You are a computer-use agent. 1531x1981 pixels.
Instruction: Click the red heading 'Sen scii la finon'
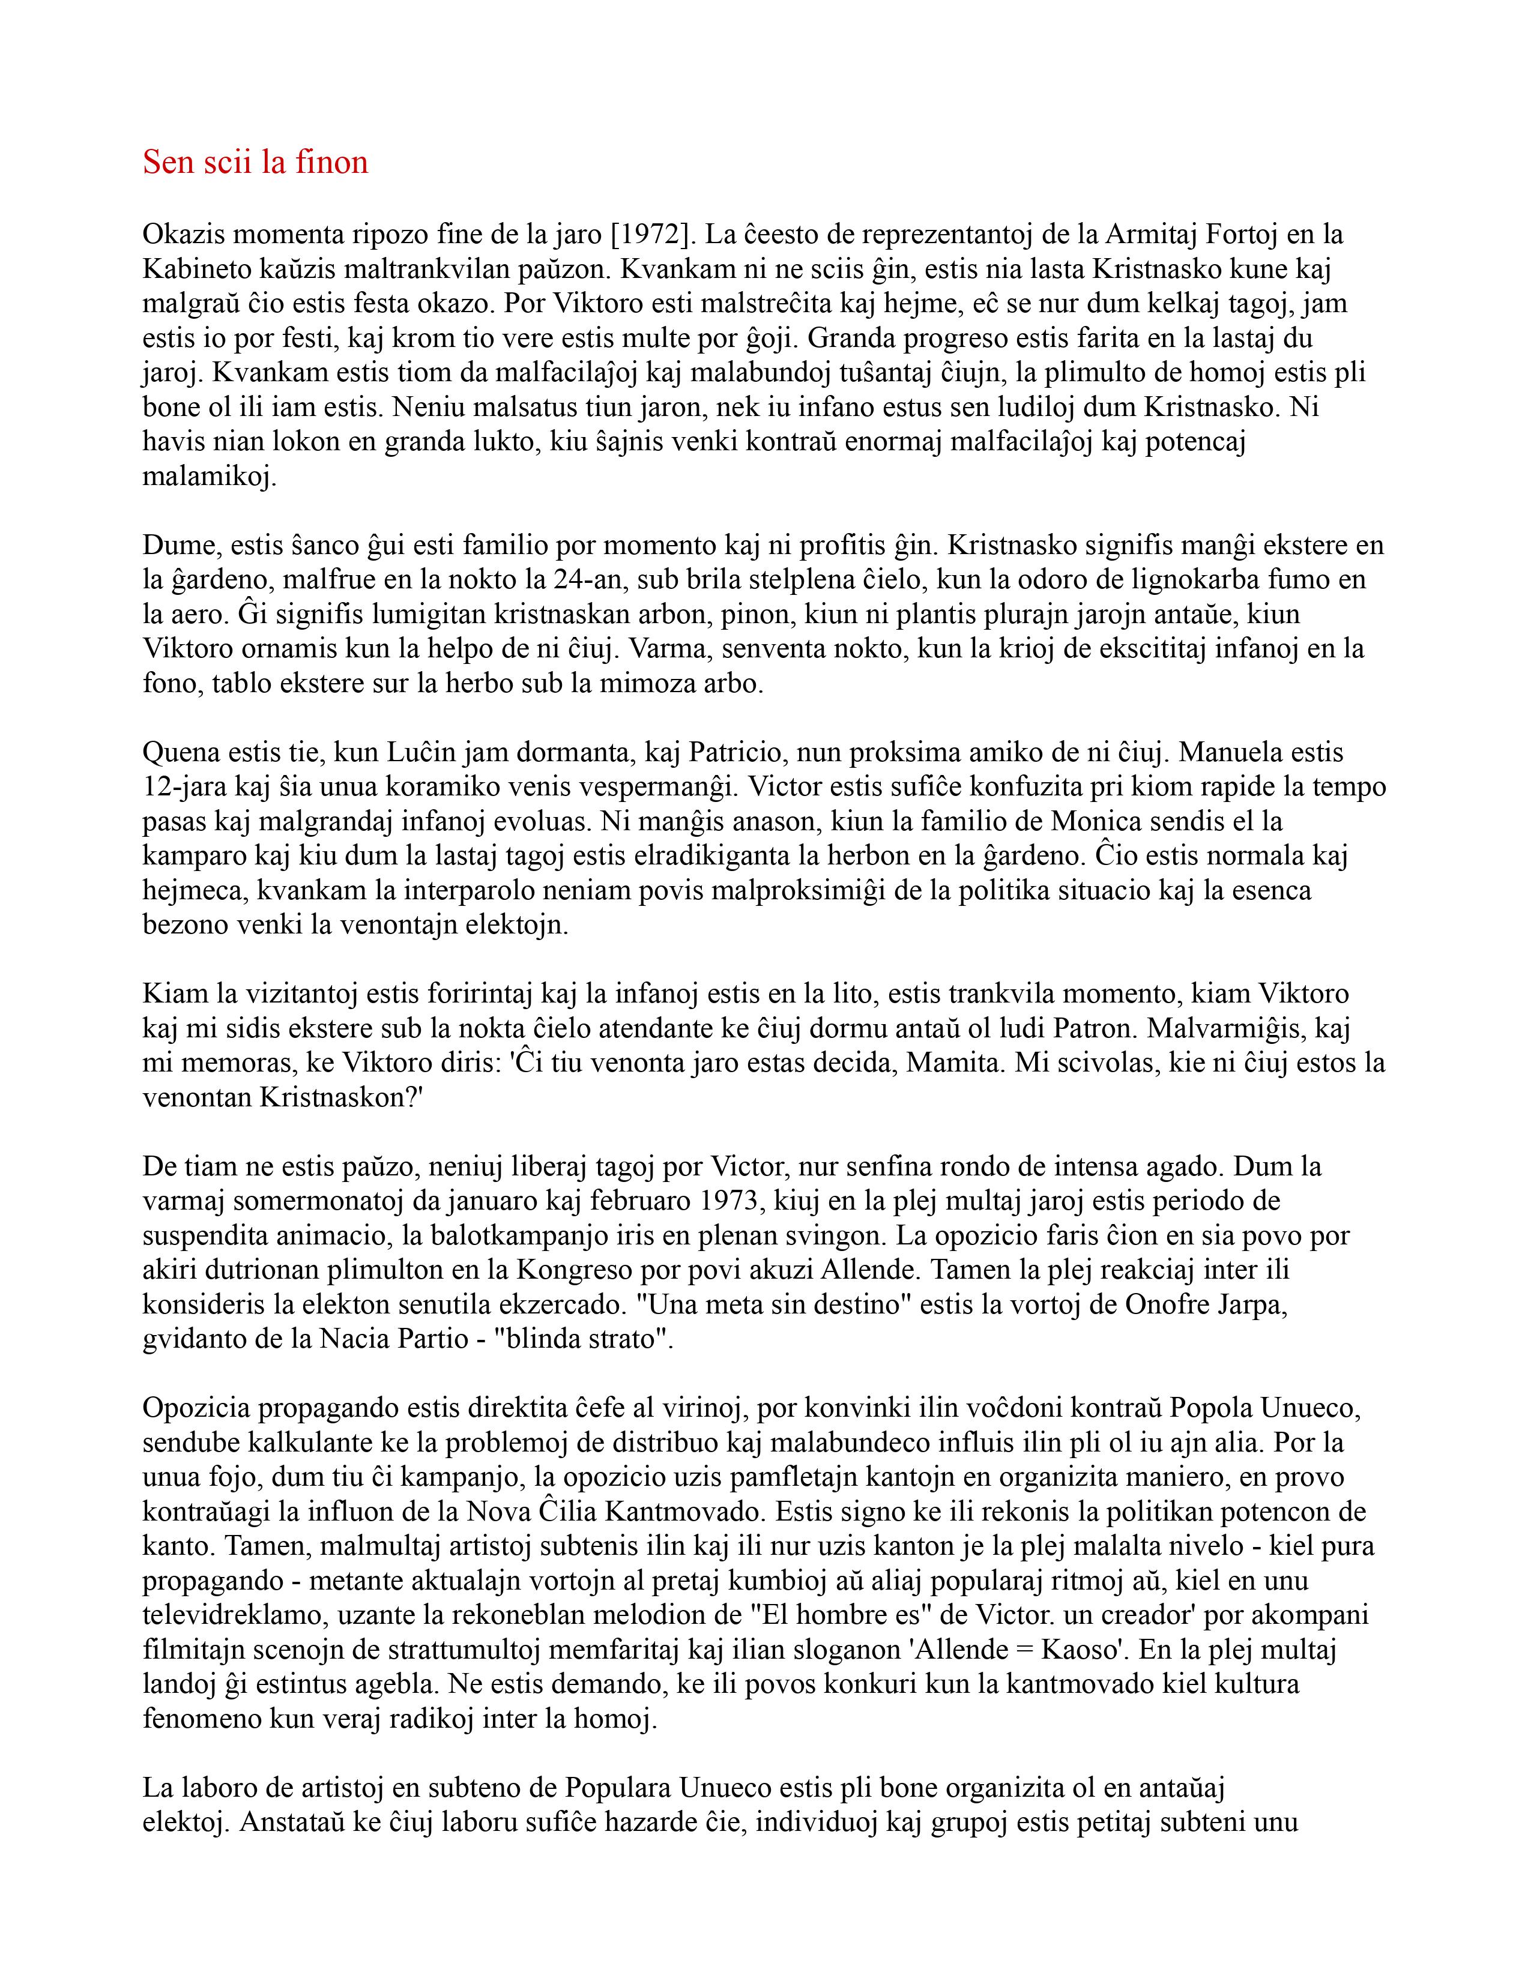tap(255, 162)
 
